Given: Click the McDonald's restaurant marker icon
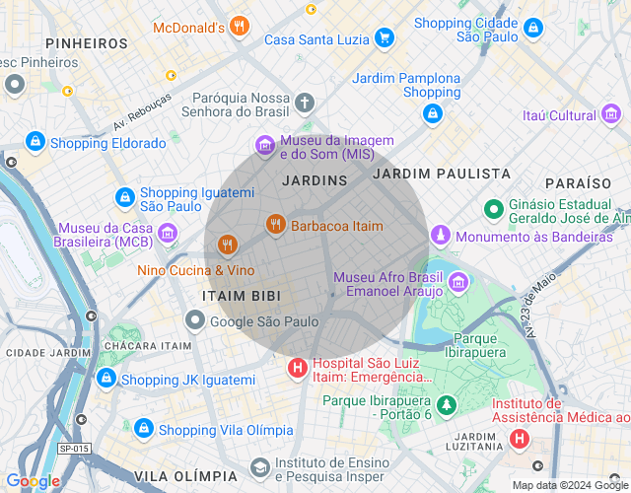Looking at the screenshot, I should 239,28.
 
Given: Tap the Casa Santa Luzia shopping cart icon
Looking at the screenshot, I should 384,39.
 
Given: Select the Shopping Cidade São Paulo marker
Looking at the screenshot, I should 533,29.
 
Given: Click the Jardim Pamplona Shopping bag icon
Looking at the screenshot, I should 432,114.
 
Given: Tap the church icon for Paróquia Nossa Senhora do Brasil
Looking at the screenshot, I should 306,102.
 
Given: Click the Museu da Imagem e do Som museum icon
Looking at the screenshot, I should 264,147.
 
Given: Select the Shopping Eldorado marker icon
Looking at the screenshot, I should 35,143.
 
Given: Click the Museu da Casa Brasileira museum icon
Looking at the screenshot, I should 168,234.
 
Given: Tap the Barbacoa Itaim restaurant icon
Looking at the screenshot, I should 276,226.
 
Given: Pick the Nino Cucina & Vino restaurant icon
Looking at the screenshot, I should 228,245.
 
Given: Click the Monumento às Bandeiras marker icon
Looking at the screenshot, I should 440,237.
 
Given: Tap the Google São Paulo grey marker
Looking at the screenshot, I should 195,320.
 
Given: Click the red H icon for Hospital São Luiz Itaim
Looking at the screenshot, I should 297,369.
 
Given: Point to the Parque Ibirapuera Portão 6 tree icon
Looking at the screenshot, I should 447,406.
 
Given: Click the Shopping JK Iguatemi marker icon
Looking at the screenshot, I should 105,379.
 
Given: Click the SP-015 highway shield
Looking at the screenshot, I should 72,449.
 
